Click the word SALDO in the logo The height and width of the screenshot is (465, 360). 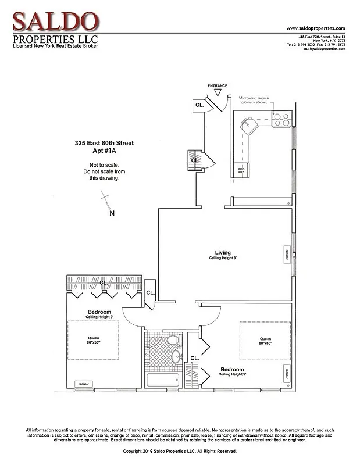click(x=55, y=22)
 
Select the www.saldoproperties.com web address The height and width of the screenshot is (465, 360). click(x=316, y=28)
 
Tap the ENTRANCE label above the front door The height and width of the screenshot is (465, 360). click(x=218, y=86)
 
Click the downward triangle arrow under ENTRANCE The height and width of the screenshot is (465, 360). click(x=218, y=93)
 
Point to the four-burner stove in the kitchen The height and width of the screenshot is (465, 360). click(x=281, y=119)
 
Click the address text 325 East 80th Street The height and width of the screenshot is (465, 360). click(x=105, y=142)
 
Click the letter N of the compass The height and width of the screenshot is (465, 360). click(x=112, y=213)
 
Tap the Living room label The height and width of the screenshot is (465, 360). click(x=223, y=253)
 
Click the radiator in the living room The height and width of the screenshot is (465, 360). click(x=287, y=253)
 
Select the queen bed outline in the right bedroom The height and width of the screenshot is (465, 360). click(x=265, y=341)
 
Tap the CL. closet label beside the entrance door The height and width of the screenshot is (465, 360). click(x=199, y=105)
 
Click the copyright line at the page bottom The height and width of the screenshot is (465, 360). click(x=180, y=451)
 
